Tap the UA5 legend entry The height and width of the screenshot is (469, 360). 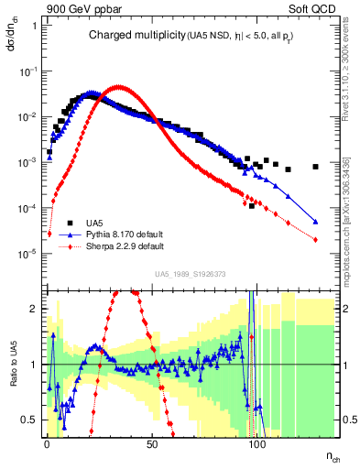coord(94,223)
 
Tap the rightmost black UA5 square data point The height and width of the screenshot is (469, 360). coord(315,167)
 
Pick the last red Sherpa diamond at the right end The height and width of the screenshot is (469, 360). coord(315,240)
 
